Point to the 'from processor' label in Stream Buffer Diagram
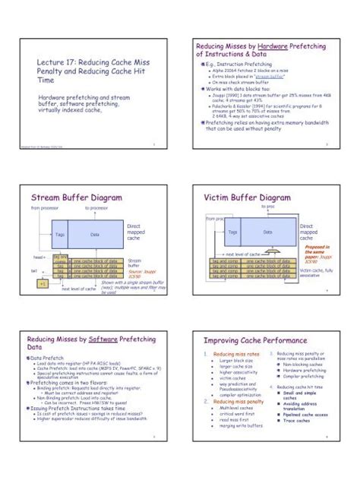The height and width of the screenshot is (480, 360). tap(44, 207)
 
